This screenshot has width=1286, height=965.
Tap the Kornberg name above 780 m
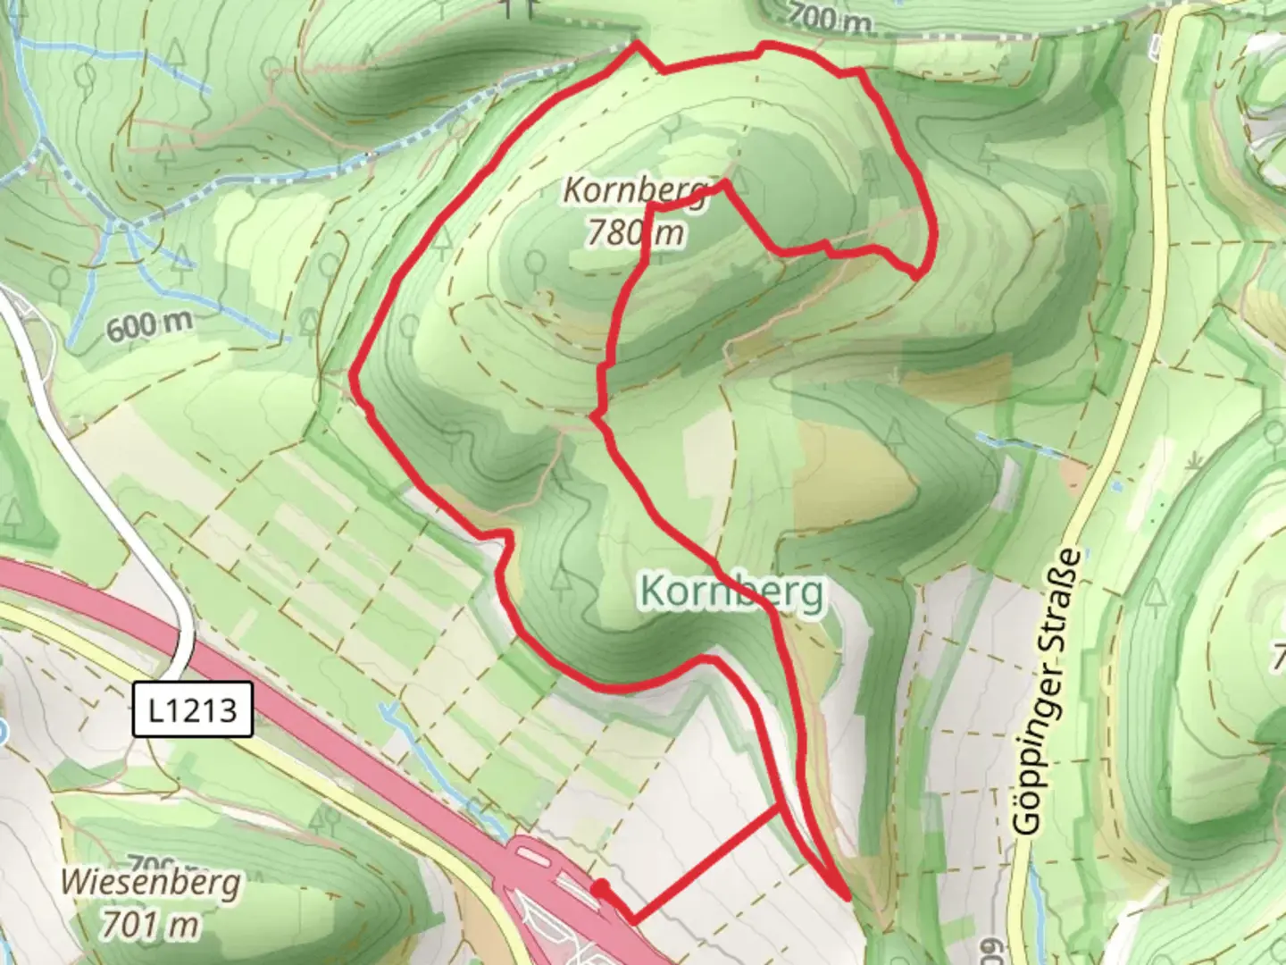click(x=635, y=190)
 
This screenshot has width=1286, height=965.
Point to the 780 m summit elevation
click(x=635, y=232)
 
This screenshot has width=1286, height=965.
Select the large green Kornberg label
click(x=731, y=592)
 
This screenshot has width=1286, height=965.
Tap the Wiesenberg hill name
click(x=150, y=883)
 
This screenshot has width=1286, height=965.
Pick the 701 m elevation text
click(x=150, y=924)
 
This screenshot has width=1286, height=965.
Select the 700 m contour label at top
click(x=829, y=17)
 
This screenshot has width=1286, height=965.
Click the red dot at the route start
click(x=601, y=887)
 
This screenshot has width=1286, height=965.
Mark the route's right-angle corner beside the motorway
click(x=633, y=919)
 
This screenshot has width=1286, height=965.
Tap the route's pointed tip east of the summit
click(x=918, y=273)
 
